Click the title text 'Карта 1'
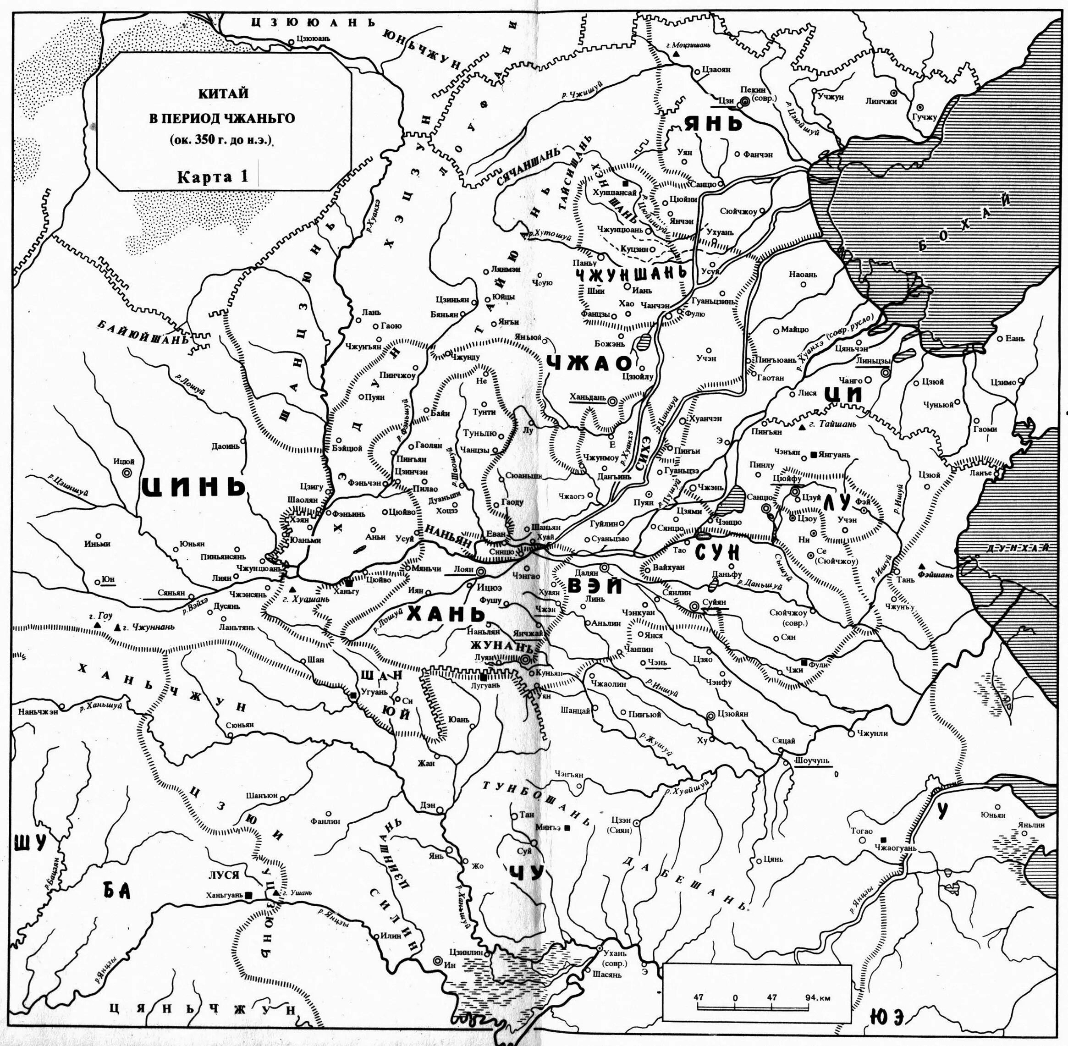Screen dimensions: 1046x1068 (x=212, y=177)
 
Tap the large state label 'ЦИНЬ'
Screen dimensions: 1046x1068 (x=192, y=486)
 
